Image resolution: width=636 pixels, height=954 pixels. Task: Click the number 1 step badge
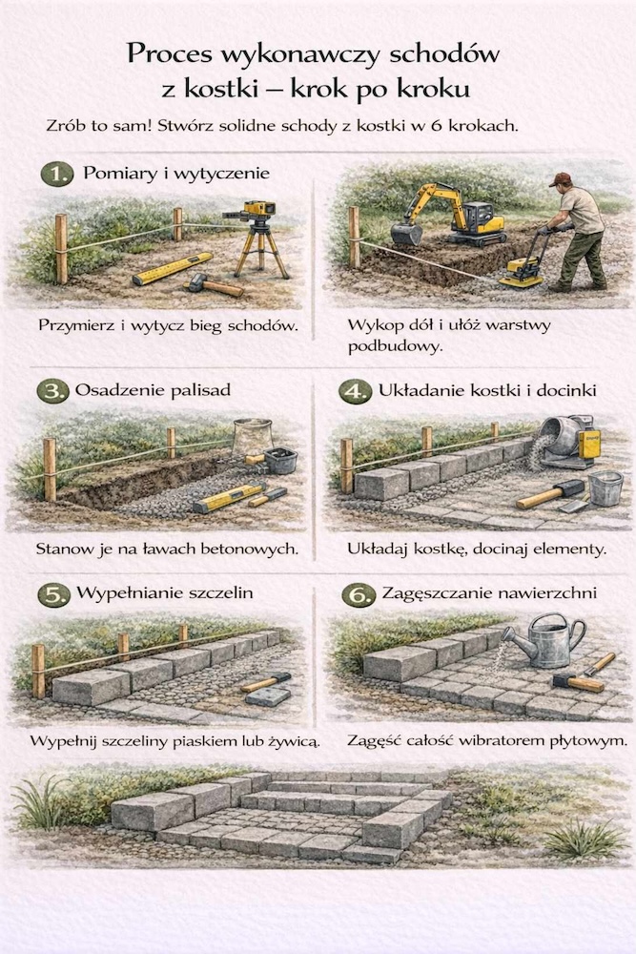coord(56,175)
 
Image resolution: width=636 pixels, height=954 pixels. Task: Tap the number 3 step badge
coord(52,390)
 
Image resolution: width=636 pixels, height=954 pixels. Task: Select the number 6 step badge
coord(359,594)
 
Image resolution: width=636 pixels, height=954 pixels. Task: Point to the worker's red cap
coord(560,179)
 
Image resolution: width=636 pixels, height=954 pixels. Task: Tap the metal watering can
coord(544,640)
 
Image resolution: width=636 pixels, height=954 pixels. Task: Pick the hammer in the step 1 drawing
coord(214,284)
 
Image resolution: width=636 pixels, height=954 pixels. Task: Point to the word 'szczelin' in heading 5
coord(220,593)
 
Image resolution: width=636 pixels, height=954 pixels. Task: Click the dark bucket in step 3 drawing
coord(280,460)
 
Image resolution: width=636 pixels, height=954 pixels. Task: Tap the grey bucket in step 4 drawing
coord(605,487)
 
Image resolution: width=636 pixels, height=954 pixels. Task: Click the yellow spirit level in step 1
coord(172,268)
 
